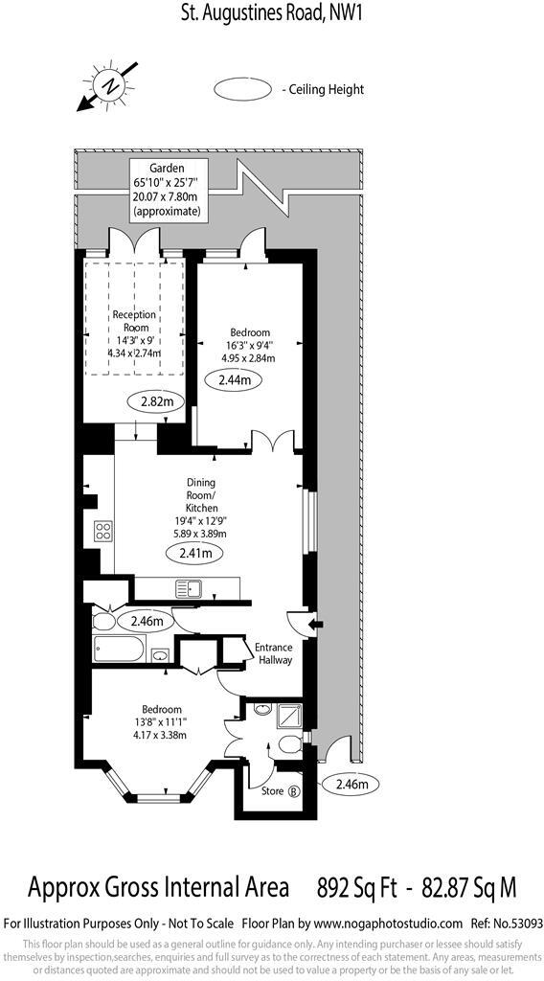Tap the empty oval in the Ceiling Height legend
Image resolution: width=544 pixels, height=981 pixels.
(x=243, y=90)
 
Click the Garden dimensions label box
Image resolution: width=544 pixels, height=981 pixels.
(x=167, y=190)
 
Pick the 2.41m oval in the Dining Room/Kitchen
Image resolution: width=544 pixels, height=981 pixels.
(x=194, y=553)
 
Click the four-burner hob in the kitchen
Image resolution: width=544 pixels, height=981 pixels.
(x=102, y=533)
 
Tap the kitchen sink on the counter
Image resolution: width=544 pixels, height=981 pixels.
(x=186, y=589)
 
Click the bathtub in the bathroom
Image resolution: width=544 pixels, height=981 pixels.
(x=119, y=650)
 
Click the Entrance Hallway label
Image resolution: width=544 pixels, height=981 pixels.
(x=273, y=653)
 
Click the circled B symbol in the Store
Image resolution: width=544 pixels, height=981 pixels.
(x=294, y=791)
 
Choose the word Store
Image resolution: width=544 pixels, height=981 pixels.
(x=273, y=791)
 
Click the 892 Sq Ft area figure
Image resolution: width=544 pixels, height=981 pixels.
(x=353, y=888)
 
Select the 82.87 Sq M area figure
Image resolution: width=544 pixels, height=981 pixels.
(x=466, y=888)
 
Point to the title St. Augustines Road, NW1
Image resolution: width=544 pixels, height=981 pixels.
(x=272, y=13)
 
